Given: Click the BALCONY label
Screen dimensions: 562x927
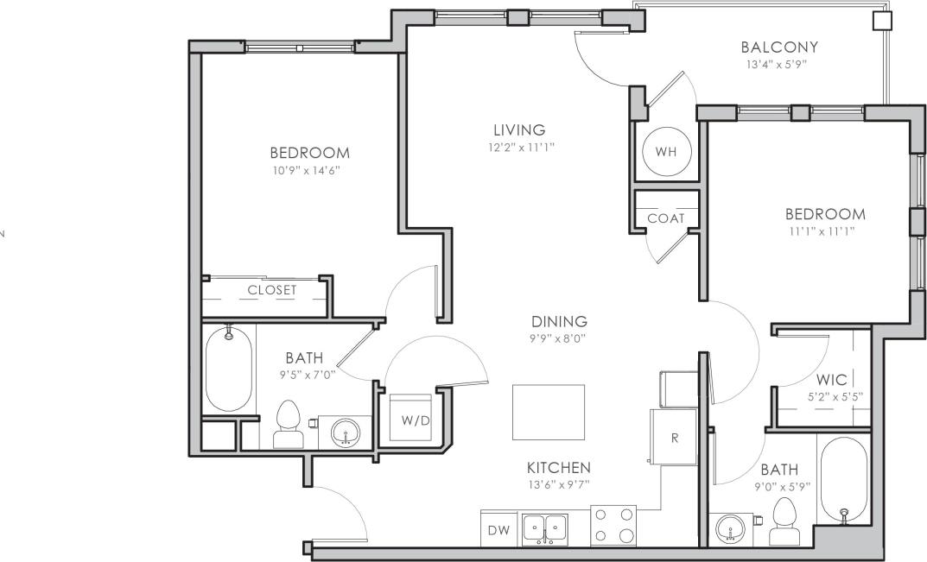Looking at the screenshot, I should point(779,47).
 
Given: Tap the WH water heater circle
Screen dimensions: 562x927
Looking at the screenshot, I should point(665,152).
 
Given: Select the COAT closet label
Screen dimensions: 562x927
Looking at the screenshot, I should point(665,218).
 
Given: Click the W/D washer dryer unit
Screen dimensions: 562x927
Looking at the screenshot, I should point(410,419).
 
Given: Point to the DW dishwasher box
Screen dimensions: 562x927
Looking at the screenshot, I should point(498,529).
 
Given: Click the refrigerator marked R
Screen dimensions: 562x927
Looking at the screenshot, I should point(675,437).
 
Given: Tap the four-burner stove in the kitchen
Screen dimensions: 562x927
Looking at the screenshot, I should point(613,525).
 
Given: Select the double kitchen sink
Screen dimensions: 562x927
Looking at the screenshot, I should point(545,527).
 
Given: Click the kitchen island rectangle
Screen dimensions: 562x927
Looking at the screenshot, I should point(548,412).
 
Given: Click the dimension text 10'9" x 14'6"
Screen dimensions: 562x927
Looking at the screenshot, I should point(309,170).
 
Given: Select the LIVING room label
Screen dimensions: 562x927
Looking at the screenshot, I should point(520,130).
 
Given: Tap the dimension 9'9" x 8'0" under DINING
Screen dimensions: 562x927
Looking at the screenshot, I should point(558,338).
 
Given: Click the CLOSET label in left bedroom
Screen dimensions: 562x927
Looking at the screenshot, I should point(271,290).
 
